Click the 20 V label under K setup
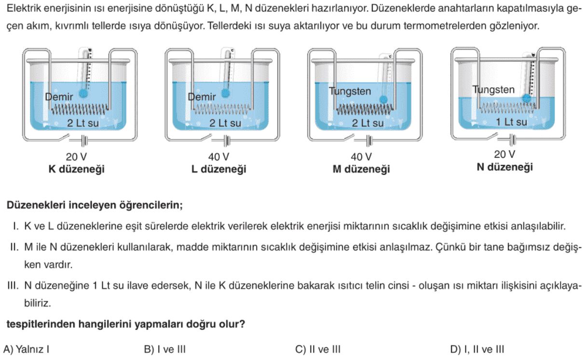tap(76, 157)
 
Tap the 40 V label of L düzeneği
tap(218, 157)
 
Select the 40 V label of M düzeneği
tap(361, 157)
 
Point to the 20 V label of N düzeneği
tap(505, 154)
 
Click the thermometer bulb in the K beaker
tap(83, 93)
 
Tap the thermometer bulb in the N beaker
tap(526, 98)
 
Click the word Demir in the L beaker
tap(202, 97)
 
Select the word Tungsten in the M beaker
tap(350, 91)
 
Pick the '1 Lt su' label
tap(511, 122)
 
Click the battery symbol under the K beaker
tap(84, 141)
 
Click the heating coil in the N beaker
tap(507, 108)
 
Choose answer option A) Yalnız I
tap(26, 349)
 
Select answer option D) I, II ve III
tap(477, 349)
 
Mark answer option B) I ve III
tap(165, 349)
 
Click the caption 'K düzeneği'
tap(77, 169)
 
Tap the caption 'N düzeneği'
tap(505, 167)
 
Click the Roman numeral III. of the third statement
tap(13, 285)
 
